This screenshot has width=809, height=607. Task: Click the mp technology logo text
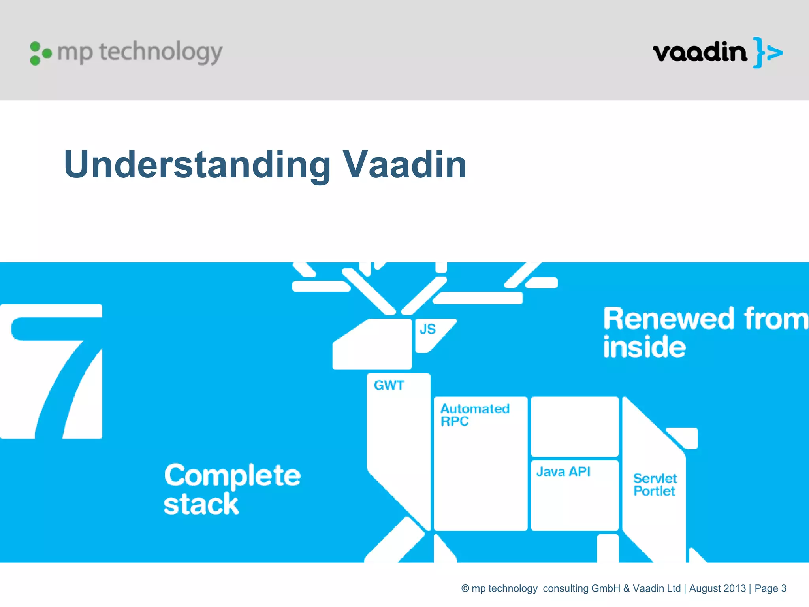140,52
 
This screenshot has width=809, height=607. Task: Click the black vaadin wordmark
700,53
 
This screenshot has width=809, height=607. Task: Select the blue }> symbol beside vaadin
767,53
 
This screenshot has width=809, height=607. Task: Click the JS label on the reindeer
427,329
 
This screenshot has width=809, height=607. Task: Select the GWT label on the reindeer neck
389,385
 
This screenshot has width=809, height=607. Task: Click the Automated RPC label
475,415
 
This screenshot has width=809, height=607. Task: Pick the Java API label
563,471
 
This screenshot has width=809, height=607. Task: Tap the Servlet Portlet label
655,484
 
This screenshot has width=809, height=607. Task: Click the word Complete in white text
232,476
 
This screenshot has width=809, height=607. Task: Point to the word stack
201,505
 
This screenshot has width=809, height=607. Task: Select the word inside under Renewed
644,347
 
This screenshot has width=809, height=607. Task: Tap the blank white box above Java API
575,426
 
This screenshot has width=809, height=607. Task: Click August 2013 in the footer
717,588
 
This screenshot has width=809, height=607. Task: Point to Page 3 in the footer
770,588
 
